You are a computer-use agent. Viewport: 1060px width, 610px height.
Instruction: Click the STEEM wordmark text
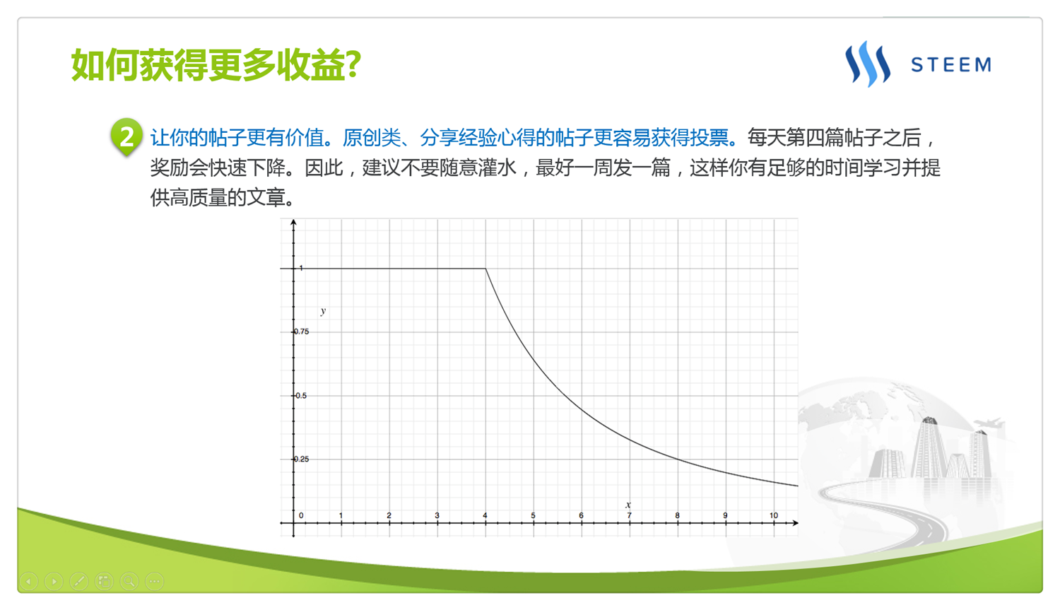pos(951,64)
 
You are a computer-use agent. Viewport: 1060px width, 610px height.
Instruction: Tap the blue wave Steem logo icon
pos(868,64)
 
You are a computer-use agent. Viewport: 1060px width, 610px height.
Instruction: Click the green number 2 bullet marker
pos(126,136)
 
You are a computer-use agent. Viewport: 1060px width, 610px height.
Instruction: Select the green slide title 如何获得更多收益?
pos(216,65)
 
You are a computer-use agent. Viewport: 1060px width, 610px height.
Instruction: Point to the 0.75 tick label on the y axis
pos(302,332)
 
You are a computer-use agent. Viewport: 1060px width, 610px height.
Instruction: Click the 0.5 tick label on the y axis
pos(302,395)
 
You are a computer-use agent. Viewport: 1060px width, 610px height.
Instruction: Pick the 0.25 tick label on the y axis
pos(302,459)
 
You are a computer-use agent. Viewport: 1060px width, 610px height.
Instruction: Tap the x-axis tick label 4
pos(485,515)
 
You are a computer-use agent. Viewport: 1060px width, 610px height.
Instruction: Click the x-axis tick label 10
pos(774,515)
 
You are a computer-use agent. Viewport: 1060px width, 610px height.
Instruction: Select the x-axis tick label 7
pos(630,515)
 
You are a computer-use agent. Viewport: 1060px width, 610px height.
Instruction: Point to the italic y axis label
pos(323,311)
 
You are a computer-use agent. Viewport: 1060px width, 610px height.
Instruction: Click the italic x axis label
pos(628,505)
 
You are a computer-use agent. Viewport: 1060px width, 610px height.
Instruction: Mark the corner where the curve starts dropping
pos(485,269)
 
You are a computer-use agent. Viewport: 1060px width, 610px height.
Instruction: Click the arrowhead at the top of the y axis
pos(293,222)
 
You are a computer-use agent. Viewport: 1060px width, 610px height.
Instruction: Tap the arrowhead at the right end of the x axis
pos(796,523)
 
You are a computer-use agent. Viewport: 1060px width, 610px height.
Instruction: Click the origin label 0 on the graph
pos(301,515)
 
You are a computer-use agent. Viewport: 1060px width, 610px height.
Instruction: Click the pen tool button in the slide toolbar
pos(79,581)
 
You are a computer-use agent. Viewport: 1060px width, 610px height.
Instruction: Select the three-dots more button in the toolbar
pos(154,581)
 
